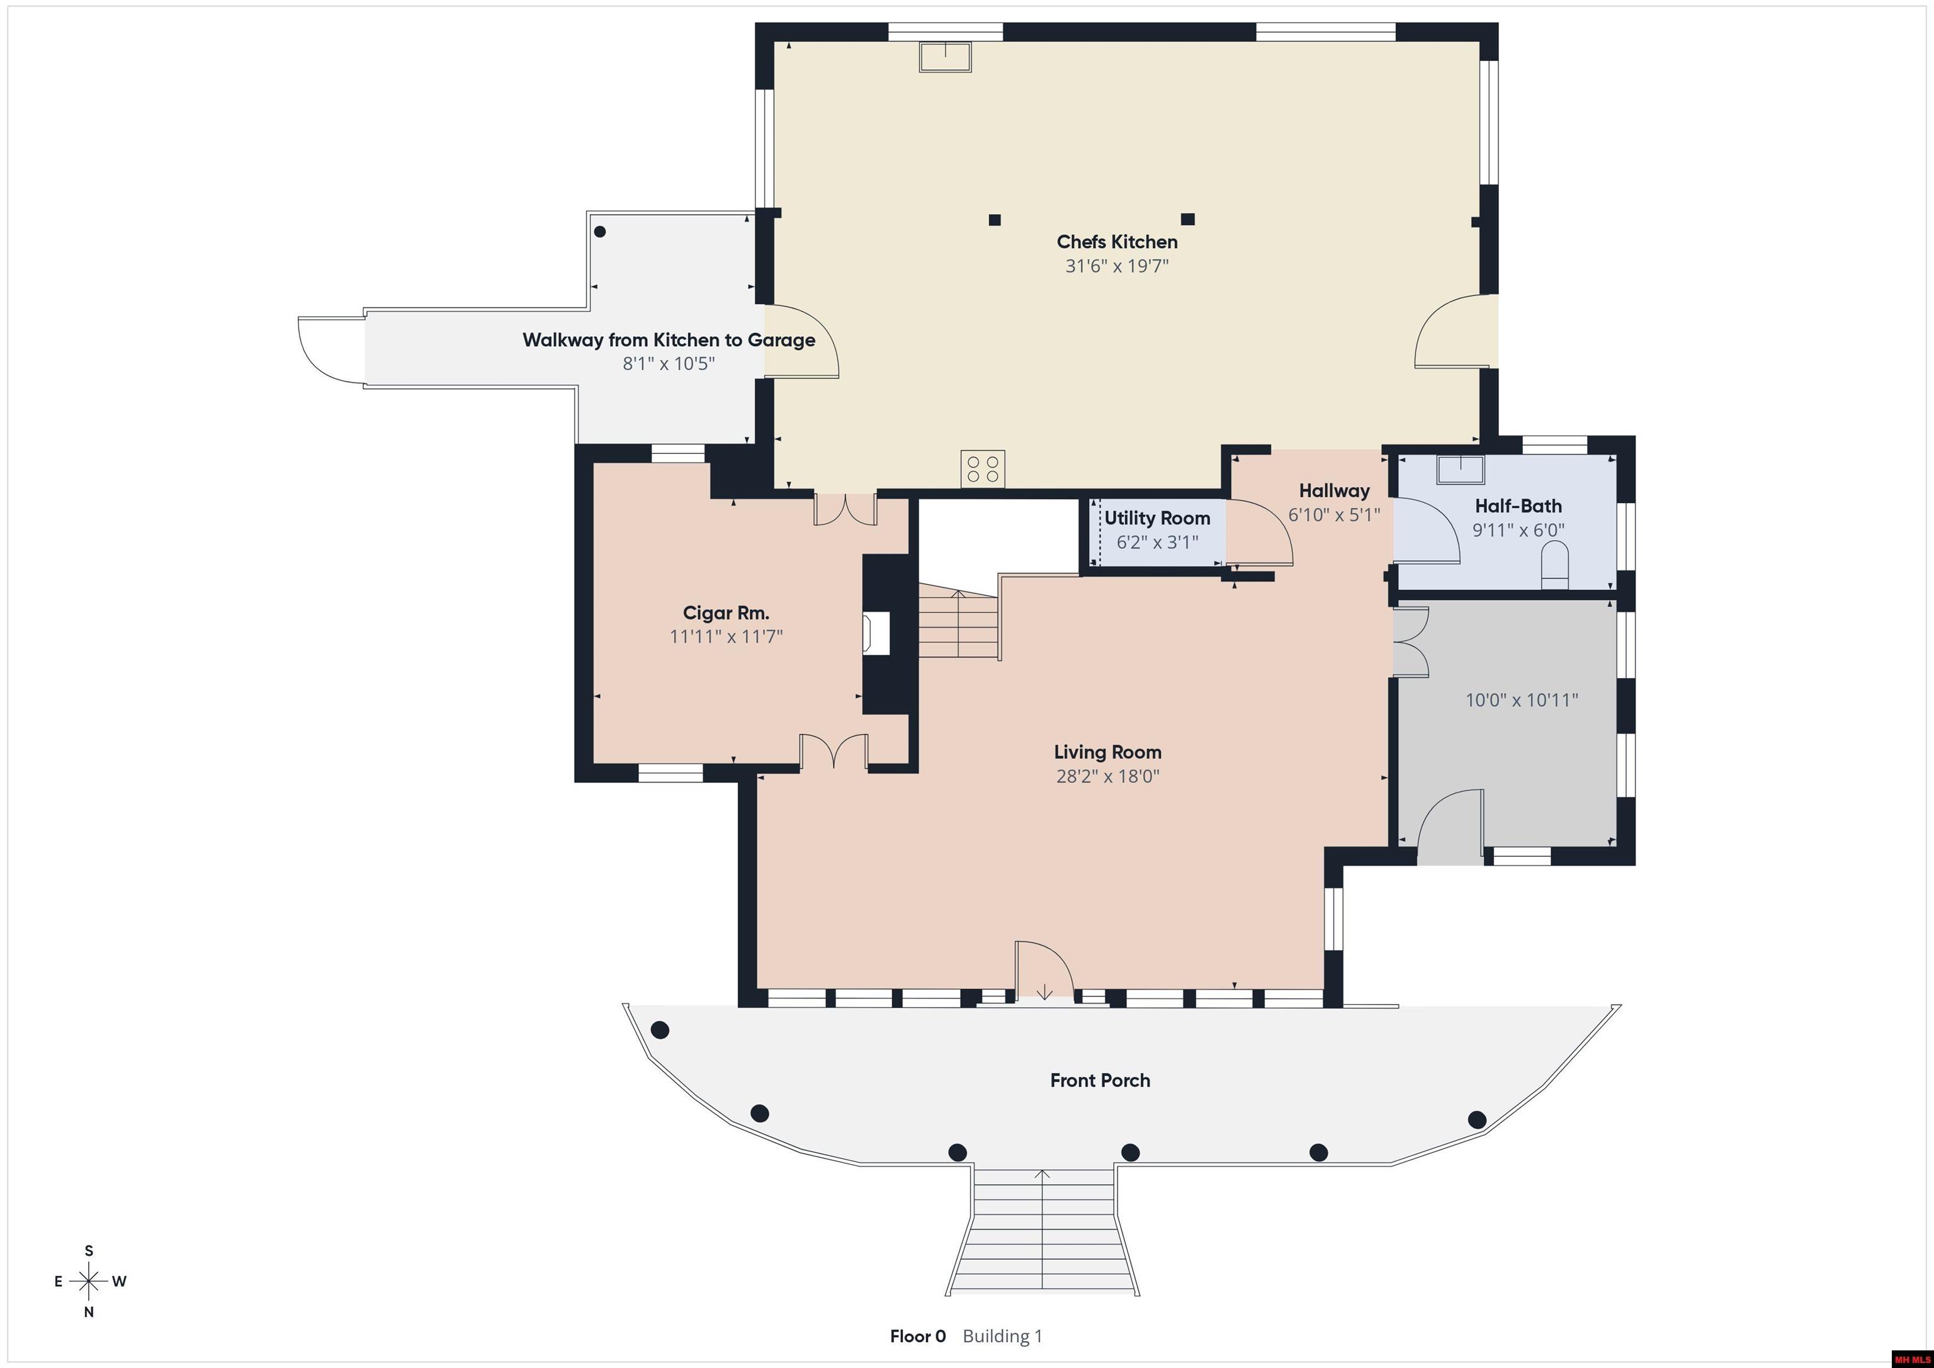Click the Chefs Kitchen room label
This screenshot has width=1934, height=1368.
pos(1117,242)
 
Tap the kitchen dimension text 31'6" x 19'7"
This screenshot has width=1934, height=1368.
pos(1117,266)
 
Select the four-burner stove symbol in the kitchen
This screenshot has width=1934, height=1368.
pos(983,469)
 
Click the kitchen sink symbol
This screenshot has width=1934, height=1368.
pos(945,57)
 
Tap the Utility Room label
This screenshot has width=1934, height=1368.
pos(1156,518)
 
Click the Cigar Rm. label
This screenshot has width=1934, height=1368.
pos(726,613)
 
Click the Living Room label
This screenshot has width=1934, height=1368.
pos(1107,752)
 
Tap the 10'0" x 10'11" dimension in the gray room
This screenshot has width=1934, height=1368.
pos(1521,700)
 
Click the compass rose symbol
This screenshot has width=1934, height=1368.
pos(88,1281)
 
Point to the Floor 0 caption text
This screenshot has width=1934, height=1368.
pos(917,1336)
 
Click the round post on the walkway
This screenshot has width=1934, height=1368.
pos(600,232)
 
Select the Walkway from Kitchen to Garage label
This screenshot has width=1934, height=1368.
pos(669,341)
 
